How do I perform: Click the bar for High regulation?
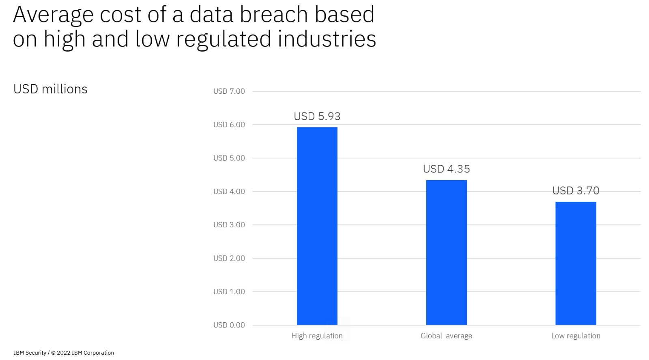pyautogui.click(x=317, y=226)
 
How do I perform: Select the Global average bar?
pyautogui.click(x=447, y=252)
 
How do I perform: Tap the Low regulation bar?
pyautogui.click(x=576, y=263)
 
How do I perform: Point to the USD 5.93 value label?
pyautogui.click(x=317, y=116)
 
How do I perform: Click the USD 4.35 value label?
pyautogui.click(x=447, y=169)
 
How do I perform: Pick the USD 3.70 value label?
pyautogui.click(x=576, y=190)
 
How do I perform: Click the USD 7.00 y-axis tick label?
pyautogui.click(x=229, y=91)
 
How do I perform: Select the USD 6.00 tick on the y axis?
pyautogui.click(x=229, y=125)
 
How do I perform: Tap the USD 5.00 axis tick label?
pyautogui.click(x=229, y=158)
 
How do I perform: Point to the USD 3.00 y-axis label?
pyautogui.click(x=229, y=224)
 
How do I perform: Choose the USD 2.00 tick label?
pyautogui.click(x=229, y=258)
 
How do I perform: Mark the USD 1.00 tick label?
pyautogui.click(x=229, y=291)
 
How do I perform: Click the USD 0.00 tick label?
pyautogui.click(x=229, y=325)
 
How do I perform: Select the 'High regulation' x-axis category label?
pyautogui.click(x=317, y=336)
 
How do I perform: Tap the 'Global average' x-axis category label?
pyautogui.click(x=447, y=336)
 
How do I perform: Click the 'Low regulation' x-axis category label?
pyautogui.click(x=576, y=336)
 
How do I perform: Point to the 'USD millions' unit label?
pyautogui.click(x=50, y=89)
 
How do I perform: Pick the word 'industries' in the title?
pyautogui.click(x=327, y=39)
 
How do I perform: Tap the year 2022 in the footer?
pyautogui.click(x=63, y=353)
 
